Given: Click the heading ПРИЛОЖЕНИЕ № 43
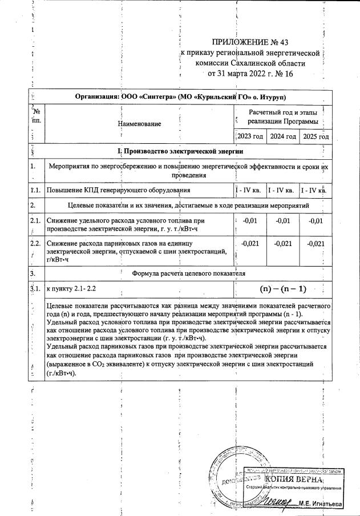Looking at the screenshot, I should coord(251,42).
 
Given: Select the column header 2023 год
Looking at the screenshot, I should coord(250,136).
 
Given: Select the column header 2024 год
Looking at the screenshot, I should coord(283,136).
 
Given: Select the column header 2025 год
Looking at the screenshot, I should coord(315,136).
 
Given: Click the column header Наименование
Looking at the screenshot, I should coord(139,123).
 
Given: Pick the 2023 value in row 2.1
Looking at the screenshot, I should coord(250,221).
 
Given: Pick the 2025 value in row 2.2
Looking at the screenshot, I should coord(315,244).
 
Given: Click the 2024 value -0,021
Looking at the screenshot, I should coord(283,244).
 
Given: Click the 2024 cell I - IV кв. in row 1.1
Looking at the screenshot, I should coord(283,190).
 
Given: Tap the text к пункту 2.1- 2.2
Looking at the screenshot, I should coord(75,289).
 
